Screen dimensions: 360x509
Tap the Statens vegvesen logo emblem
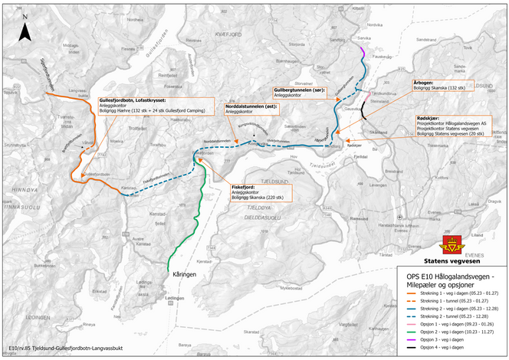[x=452, y=246]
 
